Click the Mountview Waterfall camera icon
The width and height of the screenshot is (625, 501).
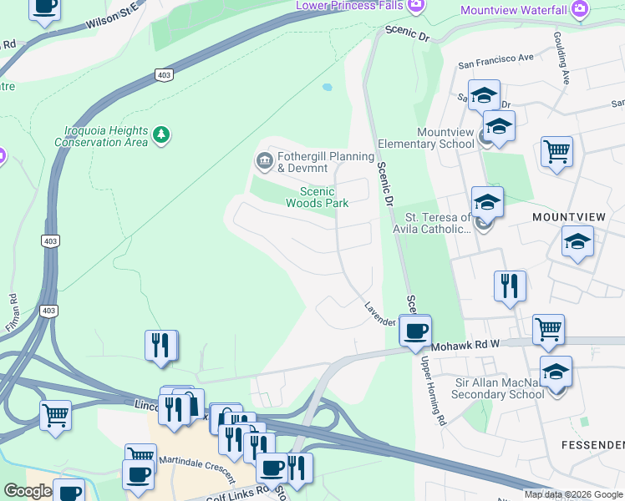[578, 9]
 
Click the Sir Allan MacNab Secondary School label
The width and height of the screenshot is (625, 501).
[487, 388]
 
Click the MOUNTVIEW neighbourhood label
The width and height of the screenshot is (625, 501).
[568, 216]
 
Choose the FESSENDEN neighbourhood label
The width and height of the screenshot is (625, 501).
[592, 444]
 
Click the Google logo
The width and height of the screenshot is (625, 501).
[27, 491]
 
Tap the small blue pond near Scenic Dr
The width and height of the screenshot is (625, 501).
[327, 87]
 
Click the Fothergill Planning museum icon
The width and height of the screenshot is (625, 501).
[265, 160]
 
